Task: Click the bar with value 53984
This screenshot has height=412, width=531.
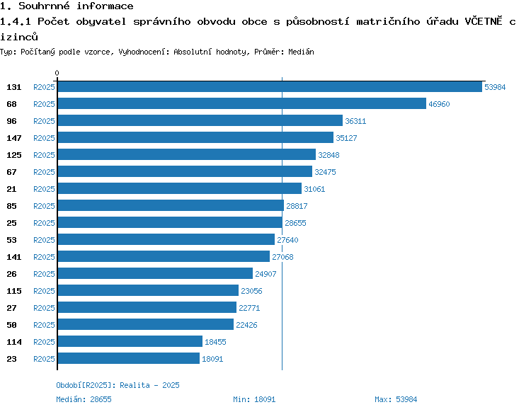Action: tap(270, 86)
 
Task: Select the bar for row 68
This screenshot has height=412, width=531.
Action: tap(242, 103)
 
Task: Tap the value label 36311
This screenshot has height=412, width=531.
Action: tap(355, 121)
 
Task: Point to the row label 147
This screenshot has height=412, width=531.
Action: tap(14, 138)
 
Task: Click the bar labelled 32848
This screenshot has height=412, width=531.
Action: tap(187, 154)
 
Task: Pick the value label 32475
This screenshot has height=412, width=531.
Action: tap(325, 172)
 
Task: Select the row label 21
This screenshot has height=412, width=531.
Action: tap(11, 189)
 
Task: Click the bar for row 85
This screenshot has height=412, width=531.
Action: tap(171, 205)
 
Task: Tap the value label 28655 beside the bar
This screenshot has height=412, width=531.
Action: tap(295, 223)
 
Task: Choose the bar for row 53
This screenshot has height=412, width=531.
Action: tap(166, 239)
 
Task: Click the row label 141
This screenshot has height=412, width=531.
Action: tap(14, 257)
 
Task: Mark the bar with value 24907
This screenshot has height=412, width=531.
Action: tap(155, 273)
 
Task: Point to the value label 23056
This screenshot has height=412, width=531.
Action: tap(251, 291)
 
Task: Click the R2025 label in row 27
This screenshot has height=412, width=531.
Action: tap(44, 308)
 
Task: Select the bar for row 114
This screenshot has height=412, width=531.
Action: tap(130, 341)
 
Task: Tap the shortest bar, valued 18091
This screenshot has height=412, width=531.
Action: tap(129, 358)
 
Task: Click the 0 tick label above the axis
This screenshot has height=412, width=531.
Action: tap(57, 73)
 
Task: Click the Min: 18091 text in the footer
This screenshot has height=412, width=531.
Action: tap(254, 399)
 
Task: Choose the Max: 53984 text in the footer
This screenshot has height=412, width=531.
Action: tap(396, 399)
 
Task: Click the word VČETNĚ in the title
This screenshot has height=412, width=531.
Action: tap(484, 21)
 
